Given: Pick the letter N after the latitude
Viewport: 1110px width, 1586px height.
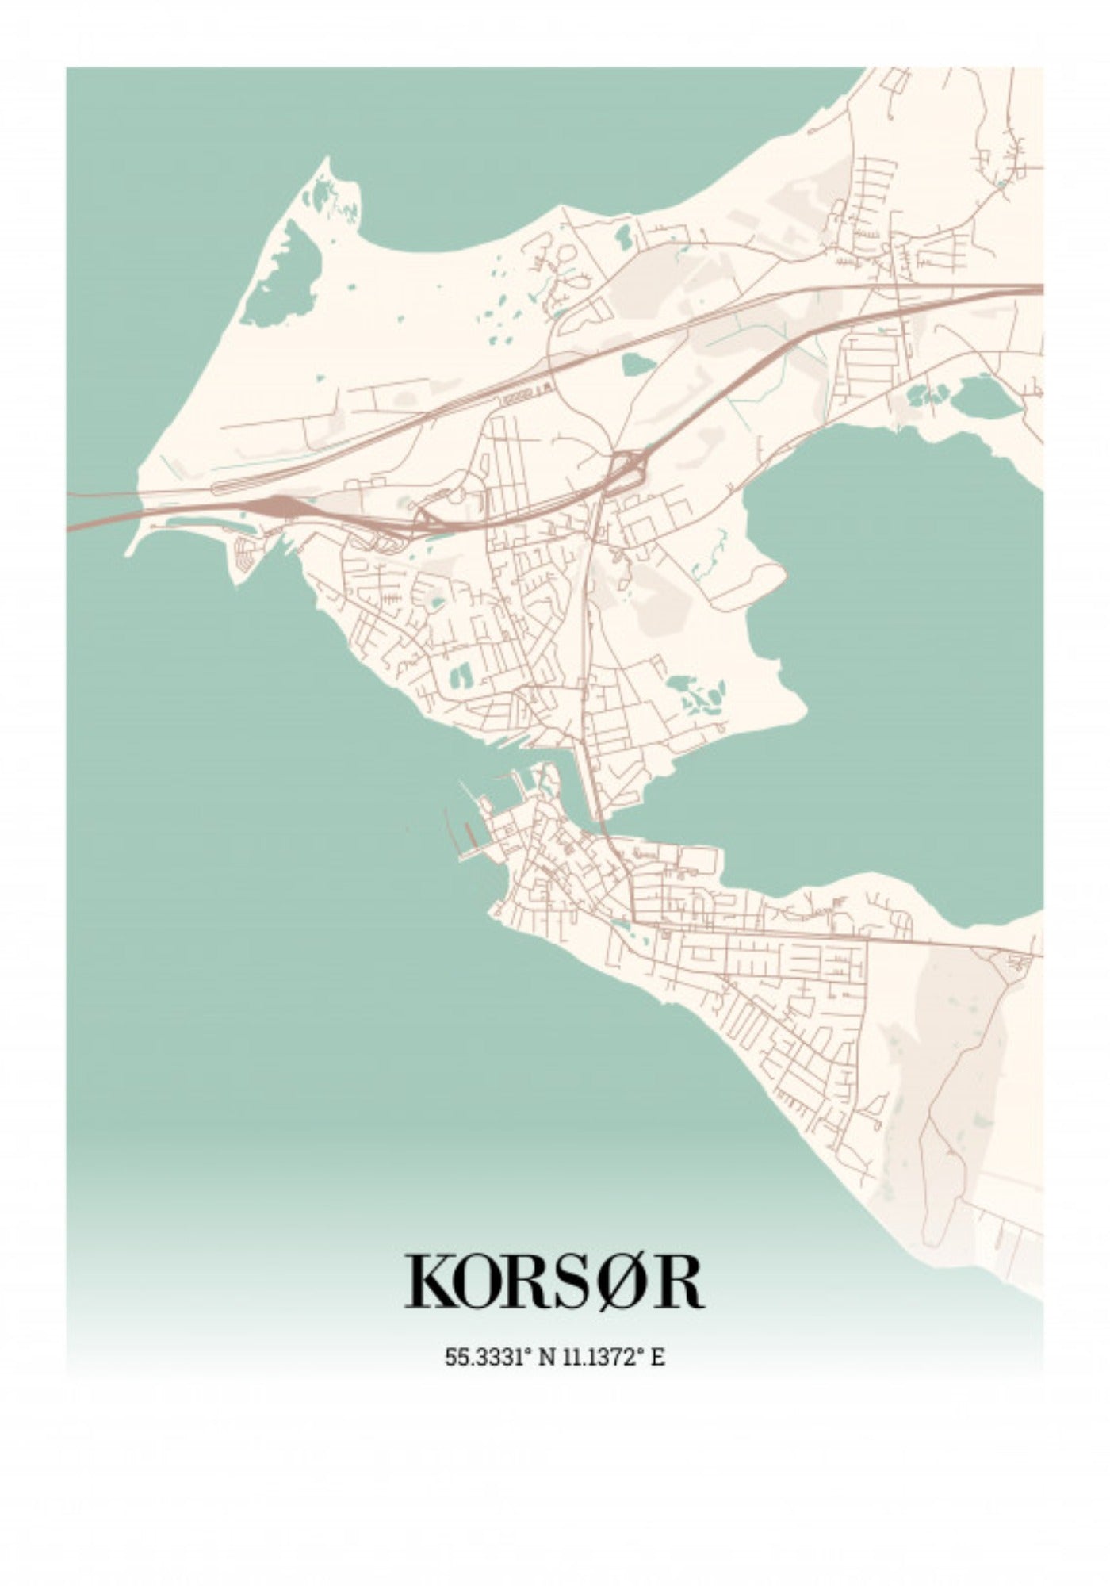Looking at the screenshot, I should [546, 1357].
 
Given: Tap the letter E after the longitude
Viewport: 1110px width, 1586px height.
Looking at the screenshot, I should [657, 1357].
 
